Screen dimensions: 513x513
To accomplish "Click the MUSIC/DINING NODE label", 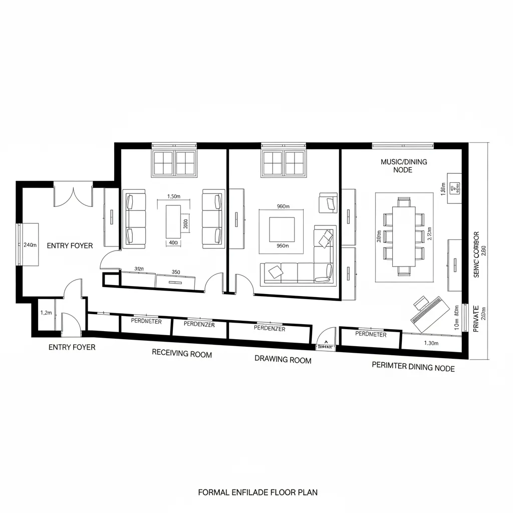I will (x=404, y=166).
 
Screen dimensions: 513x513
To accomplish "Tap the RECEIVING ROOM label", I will (x=182, y=354).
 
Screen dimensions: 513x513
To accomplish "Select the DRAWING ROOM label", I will (x=283, y=360).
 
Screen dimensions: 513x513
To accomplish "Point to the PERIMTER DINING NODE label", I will (x=413, y=367).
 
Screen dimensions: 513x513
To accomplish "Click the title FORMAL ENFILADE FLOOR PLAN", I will (x=258, y=492).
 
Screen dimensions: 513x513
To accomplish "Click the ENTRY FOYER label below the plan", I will (x=72, y=347).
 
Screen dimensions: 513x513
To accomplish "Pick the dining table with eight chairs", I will (x=404, y=236).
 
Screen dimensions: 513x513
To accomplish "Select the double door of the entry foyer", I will (x=73, y=196).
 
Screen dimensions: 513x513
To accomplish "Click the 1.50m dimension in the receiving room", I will (x=173, y=196).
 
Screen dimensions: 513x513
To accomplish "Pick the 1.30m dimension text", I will (x=431, y=343).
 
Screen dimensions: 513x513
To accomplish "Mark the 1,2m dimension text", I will (x=46, y=313).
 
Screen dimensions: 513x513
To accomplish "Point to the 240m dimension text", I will (x=30, y=245).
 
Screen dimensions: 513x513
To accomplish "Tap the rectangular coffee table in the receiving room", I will (x=173, y=221).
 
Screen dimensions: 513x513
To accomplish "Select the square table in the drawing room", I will (x=282, y=229).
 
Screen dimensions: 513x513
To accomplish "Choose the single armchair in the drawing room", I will (x=328, y=202).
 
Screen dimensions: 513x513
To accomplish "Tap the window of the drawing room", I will (x=283, y=162).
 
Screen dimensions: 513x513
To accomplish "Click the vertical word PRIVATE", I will (x=476, y=319).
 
